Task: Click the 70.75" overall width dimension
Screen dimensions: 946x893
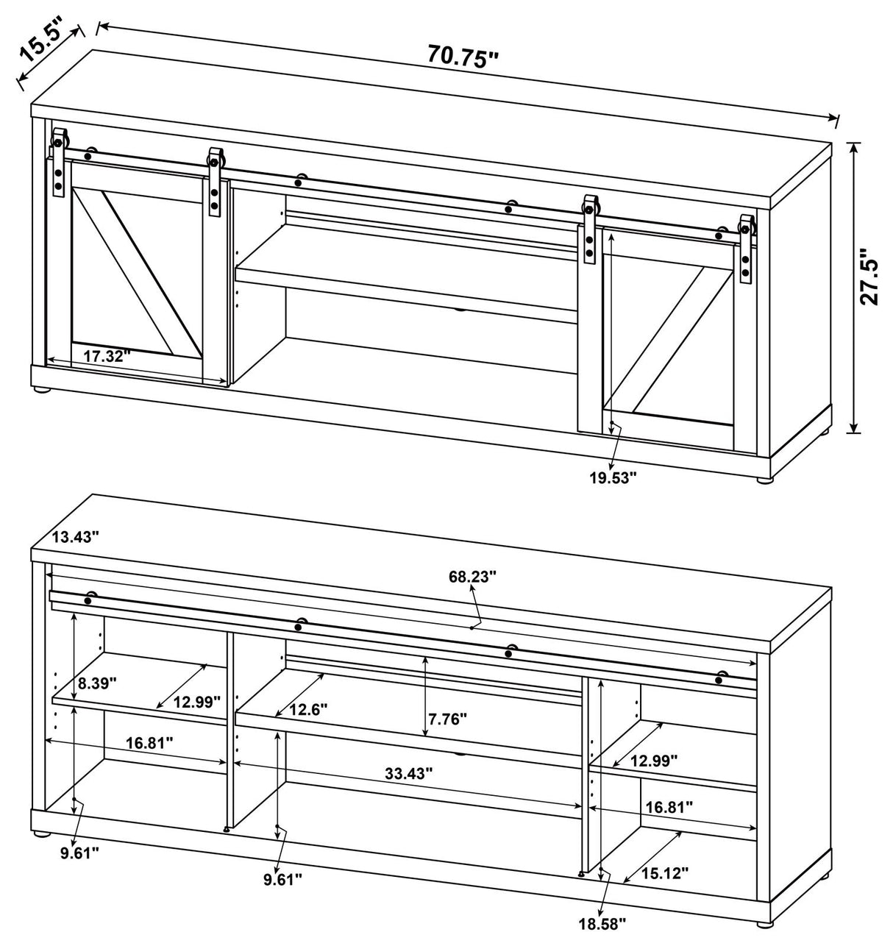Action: point(463,57)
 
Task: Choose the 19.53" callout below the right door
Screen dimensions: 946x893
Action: point(612,477)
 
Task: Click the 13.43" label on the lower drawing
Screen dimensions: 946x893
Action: point(75,538)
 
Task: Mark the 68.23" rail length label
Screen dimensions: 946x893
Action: point(472,576)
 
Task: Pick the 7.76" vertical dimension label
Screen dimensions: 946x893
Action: point(447,719)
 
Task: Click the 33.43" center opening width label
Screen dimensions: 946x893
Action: point(408,773)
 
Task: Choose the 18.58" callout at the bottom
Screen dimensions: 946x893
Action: point(601,922)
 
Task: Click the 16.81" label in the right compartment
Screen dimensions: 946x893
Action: point(669,807)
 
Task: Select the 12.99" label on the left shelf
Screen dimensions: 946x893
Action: point(196,701)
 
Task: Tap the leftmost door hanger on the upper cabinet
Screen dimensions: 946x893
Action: point(58,163)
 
